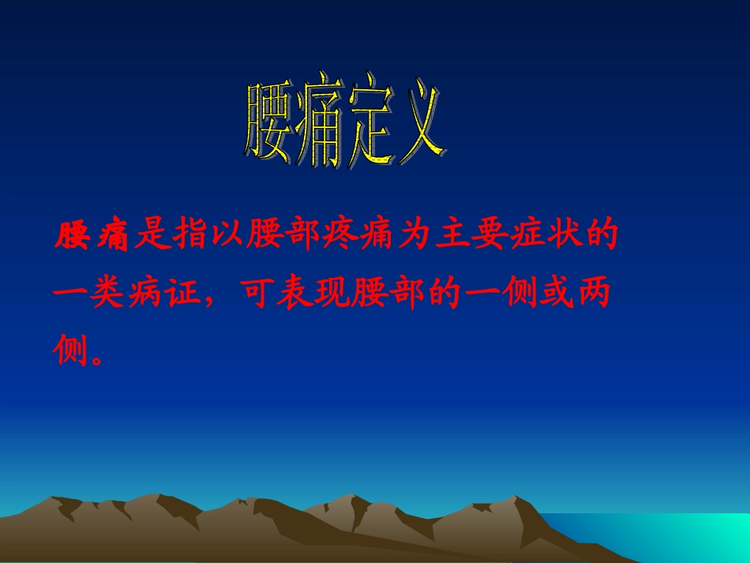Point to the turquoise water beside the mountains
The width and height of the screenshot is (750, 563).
click(x=671, y=537)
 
